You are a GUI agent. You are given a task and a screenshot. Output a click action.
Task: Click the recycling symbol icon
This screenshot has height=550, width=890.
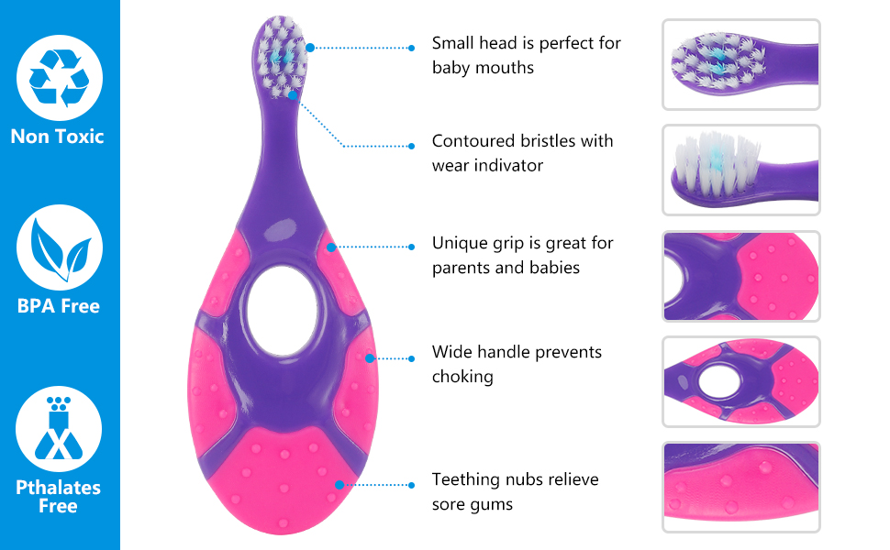click(60, 78)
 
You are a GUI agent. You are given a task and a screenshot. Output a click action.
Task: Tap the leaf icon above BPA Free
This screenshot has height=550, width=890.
click(60, 247)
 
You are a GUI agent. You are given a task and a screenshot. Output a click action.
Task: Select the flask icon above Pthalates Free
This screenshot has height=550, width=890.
click(59, 429)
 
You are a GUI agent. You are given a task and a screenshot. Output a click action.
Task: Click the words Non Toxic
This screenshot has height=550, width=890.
click(57, 137)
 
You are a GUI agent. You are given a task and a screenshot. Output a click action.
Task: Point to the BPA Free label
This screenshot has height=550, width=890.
click(59, 306)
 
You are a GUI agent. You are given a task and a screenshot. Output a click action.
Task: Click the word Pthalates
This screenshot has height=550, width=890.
click(58, 488)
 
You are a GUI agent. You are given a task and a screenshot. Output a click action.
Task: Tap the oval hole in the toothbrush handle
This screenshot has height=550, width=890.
click(282, 312)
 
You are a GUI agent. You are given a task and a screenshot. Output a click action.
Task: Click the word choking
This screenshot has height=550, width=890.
click(462, 377)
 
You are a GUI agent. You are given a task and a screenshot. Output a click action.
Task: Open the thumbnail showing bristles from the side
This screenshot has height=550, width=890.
click(741, 170)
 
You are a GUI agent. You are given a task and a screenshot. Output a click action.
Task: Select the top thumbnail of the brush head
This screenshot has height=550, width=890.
click(741, 65)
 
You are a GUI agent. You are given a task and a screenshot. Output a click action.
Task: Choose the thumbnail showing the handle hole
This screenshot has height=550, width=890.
click(741, 381)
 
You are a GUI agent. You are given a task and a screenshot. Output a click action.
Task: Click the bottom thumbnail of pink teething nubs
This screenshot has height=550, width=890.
click(741, 487)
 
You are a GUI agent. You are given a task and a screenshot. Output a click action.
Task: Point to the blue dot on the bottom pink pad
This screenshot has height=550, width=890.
click(339, 485)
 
